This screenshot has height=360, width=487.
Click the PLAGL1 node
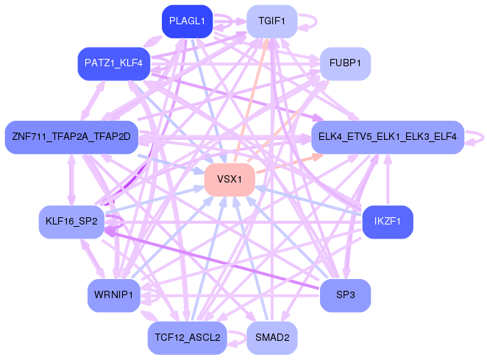[187, 21]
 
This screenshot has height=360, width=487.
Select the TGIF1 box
[272, 21]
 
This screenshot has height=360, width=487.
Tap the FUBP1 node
[345, 64]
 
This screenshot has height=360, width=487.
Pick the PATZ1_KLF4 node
[114, 64]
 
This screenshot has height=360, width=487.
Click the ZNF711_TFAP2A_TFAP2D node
[71, 137]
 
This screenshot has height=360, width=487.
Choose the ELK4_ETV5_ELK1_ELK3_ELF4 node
[388, 137]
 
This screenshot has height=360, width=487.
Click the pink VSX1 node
[230, 180]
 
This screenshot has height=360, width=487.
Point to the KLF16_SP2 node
[71, 222]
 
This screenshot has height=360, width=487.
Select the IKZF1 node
[388, 222]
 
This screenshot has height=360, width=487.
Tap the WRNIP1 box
[114, 295]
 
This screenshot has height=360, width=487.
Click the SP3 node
[345, 295]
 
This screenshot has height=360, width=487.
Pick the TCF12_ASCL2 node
[187, 338]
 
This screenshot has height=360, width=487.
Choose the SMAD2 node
[272, 338]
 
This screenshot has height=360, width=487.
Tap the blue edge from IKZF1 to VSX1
[309, 201]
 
